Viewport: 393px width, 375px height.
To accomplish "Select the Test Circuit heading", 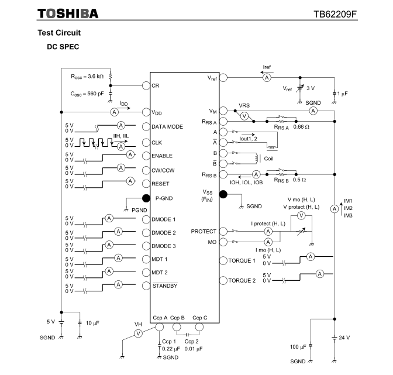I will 59,33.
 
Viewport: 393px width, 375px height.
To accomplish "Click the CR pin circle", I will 146,85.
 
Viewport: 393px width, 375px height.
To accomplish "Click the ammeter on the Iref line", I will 267,77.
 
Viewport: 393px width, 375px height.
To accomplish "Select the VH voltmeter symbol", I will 138,333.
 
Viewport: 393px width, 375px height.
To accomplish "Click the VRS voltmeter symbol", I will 245,116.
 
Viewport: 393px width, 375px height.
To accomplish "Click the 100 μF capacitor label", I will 298,347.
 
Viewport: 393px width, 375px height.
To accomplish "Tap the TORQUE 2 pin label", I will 242,280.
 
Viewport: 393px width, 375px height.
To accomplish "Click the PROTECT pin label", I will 204,231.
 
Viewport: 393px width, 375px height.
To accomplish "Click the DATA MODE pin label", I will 167,126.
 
